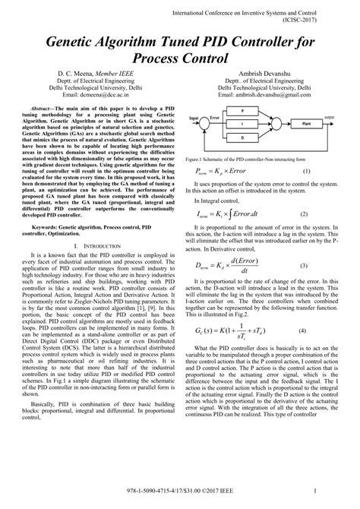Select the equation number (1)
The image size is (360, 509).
307,172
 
